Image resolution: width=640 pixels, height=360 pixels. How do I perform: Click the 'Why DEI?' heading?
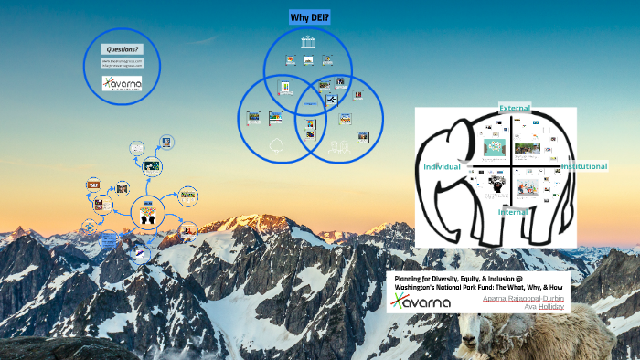coord(310,18)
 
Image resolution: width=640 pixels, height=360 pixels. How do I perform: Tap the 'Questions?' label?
coord(123,48)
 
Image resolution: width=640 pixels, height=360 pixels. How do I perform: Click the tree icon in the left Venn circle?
coord(275,143)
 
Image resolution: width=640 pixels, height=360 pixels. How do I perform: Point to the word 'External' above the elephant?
coord(514,109)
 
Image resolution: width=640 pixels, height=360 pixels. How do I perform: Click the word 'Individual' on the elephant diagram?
coord(441,167)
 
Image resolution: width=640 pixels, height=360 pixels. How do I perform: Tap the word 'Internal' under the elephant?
coord(514,212)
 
